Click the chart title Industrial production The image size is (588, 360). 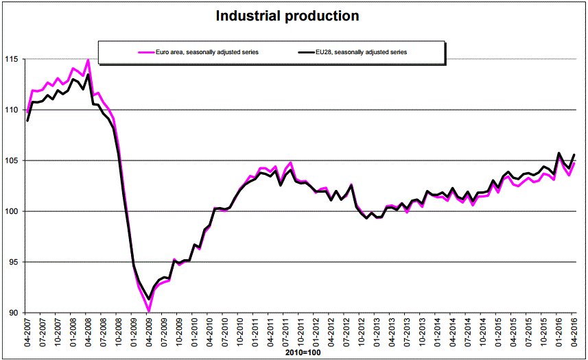287,16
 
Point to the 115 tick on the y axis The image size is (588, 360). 14,59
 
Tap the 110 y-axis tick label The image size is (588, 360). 14,110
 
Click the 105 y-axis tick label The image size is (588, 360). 14,160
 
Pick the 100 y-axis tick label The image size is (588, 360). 14,211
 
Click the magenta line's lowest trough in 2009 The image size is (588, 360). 149,311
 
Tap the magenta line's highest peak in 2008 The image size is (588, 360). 88,60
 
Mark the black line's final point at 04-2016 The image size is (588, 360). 574,154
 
